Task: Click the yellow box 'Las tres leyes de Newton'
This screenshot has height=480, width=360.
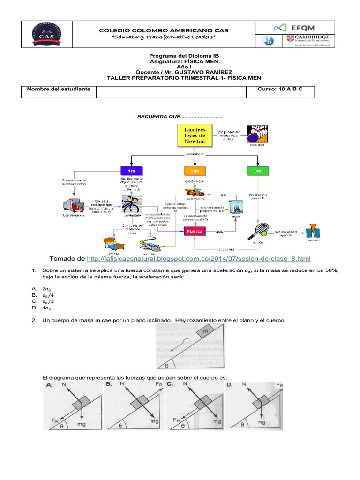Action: coord(195,135)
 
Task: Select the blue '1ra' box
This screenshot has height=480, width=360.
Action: coord(132,171)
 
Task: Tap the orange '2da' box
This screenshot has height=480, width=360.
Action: coord(195,171)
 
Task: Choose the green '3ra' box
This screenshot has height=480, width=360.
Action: coord(257,171)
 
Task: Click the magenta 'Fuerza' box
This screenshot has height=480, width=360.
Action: coord(194,232)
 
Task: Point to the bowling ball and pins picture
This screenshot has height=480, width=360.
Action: coord(257,133)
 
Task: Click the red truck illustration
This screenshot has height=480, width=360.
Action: coord(74,205)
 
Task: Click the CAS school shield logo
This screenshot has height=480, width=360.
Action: coord(45,34)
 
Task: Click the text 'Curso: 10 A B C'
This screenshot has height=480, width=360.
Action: coord(280,89)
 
